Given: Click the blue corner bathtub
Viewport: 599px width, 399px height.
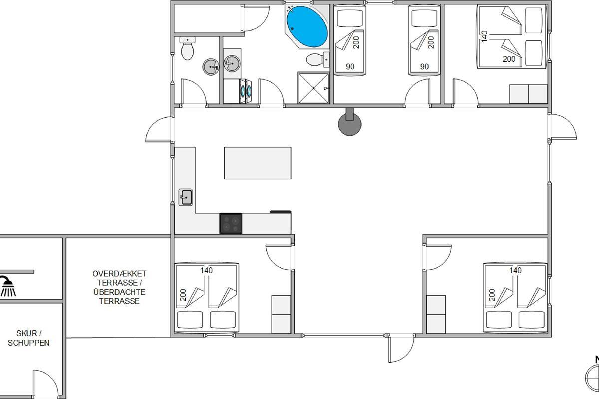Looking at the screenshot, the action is (307, 27).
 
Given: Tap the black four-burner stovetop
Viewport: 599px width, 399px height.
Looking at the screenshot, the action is (231, 223).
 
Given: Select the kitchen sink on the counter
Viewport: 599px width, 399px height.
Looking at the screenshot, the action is (186, 197).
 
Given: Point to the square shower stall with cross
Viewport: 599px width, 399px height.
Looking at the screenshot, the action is (313, 88).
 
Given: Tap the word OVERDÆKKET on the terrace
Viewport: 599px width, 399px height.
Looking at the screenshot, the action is (119, 274).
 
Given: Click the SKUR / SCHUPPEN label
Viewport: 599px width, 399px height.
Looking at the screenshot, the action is (28, 338).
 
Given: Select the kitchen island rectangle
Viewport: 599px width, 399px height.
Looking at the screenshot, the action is (258, 163).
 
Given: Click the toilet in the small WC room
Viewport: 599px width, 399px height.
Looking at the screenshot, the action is (188, 48).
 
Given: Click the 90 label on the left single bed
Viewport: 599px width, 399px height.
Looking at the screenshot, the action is (350, 66).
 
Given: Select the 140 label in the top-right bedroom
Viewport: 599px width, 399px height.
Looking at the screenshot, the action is (484, 36).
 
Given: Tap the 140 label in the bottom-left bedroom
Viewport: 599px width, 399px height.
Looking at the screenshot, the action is (207, 270).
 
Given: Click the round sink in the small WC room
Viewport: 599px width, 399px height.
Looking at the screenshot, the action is (211, 67).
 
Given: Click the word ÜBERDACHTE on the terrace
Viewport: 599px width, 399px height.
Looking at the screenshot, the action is (119, 292).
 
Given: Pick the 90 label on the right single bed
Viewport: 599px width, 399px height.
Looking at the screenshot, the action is (424, 66).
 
